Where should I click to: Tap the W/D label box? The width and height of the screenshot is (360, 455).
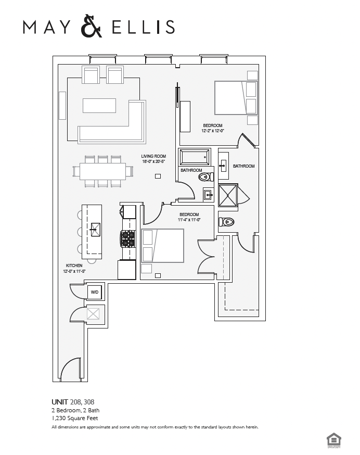click(x=95, y=293)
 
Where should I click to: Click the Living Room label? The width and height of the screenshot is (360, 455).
click(x=153, y=156)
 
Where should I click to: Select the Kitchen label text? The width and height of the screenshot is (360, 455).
click(x=74, y=266)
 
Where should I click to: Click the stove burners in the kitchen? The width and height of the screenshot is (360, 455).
click(x=128, y=238)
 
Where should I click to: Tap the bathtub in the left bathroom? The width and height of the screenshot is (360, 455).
click(x=194, y=157)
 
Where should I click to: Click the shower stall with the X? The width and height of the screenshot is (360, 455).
click(x=228, y=195)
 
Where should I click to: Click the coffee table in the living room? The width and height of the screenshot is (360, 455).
click(x=99, y=106)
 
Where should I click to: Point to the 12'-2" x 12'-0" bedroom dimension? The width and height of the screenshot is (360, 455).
click(x=213, y=131)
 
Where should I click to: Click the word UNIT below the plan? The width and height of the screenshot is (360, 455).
click(x=60, y=402)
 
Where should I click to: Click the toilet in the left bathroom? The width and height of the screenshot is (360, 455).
click(x=205, y=177)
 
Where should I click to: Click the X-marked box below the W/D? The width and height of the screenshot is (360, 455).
click(x=94, y=314)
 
